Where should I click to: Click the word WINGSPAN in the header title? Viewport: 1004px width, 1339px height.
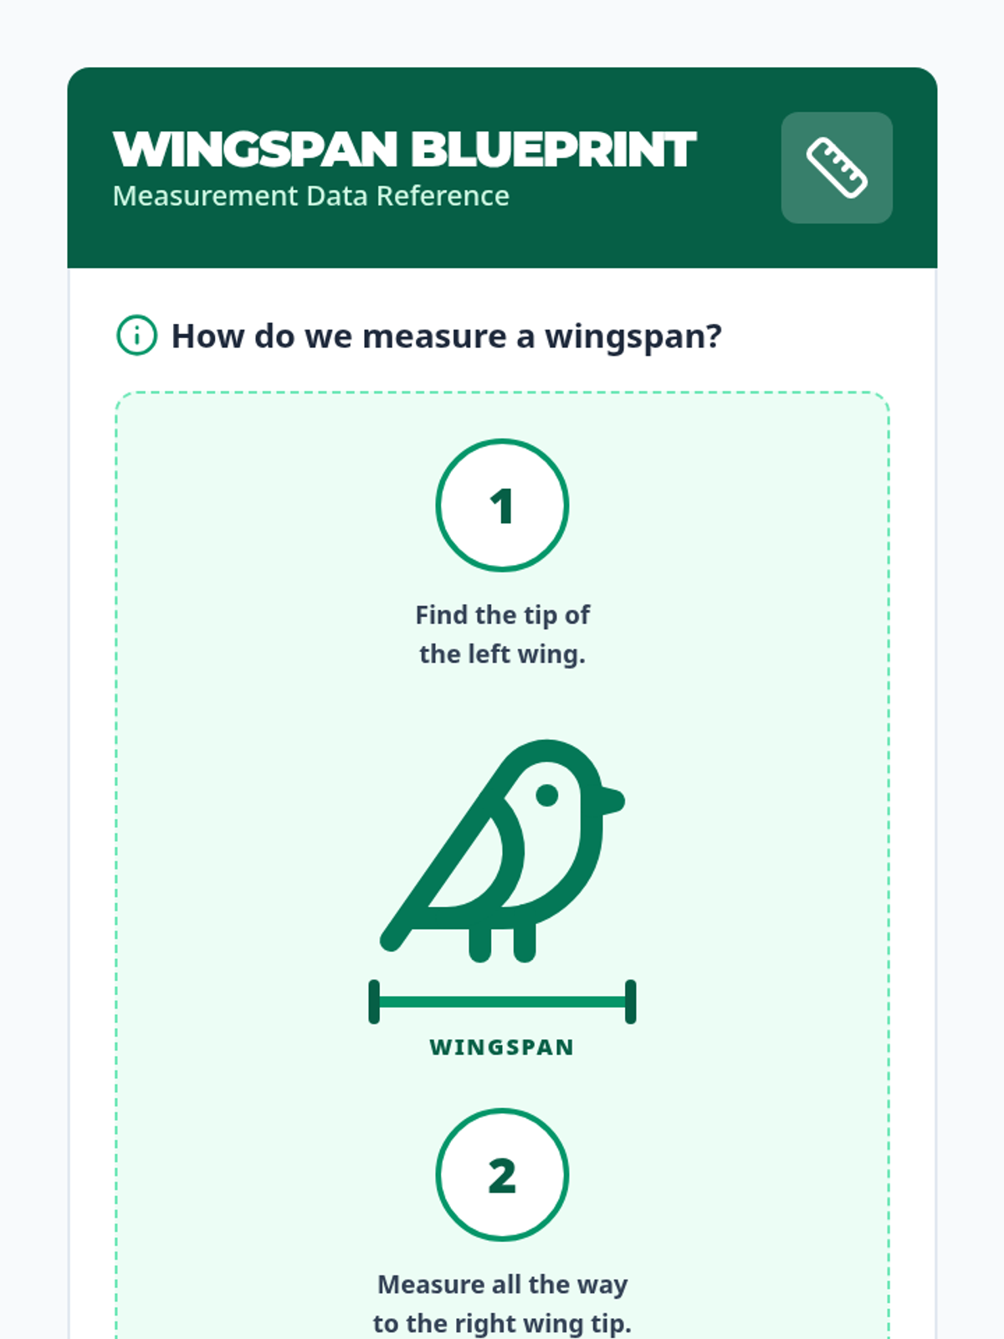255,150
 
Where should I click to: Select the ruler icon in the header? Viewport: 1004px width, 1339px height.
837,167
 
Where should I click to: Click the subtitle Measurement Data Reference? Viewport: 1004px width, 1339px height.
311,197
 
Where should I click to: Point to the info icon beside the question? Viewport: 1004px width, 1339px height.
136,335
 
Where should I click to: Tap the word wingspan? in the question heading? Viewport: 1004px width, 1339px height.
633,337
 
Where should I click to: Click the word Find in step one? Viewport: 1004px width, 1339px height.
443,615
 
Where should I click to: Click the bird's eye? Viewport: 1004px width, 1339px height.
547,796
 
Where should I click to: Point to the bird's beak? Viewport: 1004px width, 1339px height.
612,800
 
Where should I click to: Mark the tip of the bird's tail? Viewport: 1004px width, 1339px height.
390,941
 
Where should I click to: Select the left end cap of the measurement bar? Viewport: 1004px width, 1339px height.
374,1002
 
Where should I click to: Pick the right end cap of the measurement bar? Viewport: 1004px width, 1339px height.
631,1002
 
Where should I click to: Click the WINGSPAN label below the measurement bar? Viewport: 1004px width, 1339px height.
502,1048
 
